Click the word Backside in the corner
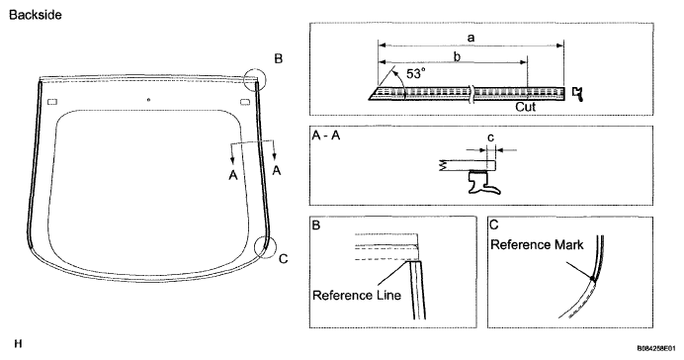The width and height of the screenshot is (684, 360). [36, 15]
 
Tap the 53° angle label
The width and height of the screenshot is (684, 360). [415, 74]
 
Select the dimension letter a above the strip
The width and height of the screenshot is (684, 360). [470, 38]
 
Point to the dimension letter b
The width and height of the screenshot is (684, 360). [457, 56]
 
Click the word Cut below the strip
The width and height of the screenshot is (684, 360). [525, 107]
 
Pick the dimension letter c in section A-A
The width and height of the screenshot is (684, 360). [490, 137]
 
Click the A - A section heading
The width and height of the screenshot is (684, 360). [326, 135]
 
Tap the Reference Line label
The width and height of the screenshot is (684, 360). [357, 296]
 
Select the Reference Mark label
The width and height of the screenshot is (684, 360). [537, 245]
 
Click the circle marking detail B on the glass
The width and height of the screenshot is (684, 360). [254, 69]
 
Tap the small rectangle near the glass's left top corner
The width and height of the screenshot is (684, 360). [52, 102]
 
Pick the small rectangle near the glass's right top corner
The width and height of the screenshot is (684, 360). [245, 102]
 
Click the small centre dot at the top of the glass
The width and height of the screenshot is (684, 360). [148, 100]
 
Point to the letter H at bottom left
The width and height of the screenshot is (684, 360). [18, 344]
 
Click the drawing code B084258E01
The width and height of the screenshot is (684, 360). [658, 349]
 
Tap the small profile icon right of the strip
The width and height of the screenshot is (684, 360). [578, 94]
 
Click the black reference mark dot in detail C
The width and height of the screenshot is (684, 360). [592, 278]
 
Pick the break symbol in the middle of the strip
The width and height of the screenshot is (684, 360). [470, 93]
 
